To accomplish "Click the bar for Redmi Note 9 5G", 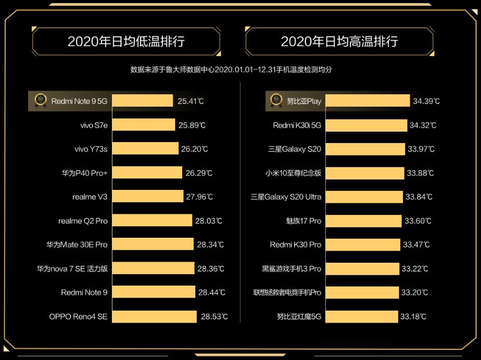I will pos(142,101).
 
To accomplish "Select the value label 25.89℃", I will pos(191,125).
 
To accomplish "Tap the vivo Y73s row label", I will pos(91,149).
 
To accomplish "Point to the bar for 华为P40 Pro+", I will pos(147,173).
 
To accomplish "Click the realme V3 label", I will pos(90,197).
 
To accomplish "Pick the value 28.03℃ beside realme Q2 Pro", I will pos(208,221).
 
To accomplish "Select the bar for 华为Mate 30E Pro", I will pos(153,245).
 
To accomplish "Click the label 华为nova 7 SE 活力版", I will pos(72,268).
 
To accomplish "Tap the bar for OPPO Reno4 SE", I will pos(154,316).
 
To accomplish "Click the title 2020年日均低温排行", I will pos(126,42).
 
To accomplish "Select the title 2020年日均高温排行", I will pos(339,42).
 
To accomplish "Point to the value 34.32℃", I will pos(423,125).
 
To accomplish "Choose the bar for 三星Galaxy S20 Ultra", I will pos(364,197).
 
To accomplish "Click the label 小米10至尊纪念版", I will pos(294,173).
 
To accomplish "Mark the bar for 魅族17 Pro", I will pos(363,221).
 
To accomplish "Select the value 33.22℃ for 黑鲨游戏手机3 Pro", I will pos(415,268).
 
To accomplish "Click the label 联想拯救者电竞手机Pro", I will pos(287,292).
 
